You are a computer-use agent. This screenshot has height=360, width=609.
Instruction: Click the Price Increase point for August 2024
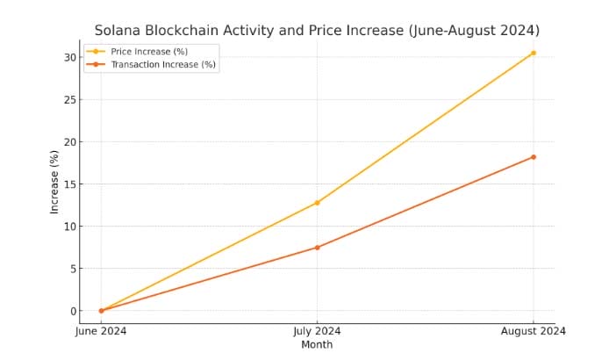pos(533,53)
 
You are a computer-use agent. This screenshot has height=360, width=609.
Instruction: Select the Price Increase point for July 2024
pos(317,203)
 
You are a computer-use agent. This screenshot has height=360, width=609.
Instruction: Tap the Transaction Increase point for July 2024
pos(317,248)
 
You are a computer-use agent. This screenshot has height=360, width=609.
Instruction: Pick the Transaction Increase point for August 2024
pos(533,157)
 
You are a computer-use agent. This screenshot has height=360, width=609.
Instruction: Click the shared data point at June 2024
pos(101,311)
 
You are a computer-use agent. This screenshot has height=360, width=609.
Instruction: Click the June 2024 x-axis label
pos(101,332)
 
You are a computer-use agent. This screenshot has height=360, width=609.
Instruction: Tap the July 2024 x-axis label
pos(317,332)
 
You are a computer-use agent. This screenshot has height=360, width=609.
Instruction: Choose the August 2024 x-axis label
pos(533,332)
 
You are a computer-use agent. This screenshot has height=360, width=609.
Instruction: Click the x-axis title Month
pos(317,345)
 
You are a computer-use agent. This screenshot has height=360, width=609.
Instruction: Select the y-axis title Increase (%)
pos(54,182)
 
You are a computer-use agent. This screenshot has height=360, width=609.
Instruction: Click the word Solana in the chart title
pos(119,31)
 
